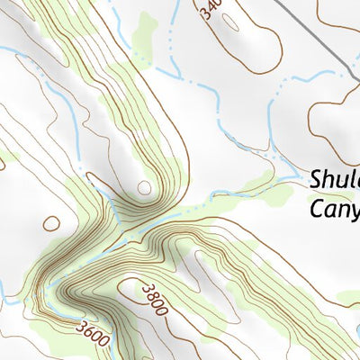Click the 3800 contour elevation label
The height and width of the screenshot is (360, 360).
pos(154,300)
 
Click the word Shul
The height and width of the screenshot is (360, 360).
pos(335,181)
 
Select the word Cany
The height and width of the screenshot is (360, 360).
pos(334,210)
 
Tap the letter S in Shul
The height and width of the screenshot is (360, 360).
pos(317,181)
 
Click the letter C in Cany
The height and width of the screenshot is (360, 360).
pos(317,210)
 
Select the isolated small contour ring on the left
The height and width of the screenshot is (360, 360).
pos(51,222)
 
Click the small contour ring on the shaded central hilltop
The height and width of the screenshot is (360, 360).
pos(144,186)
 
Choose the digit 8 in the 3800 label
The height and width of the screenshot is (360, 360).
pos(150,297)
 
